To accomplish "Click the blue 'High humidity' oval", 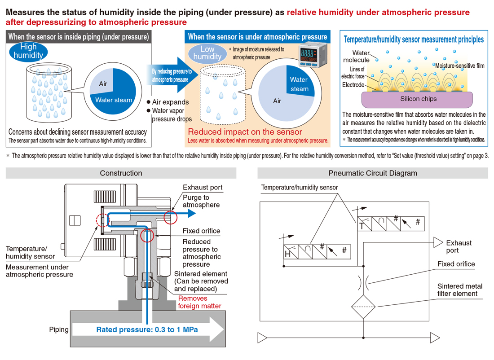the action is point(28,51).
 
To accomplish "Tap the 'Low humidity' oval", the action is point(207,53).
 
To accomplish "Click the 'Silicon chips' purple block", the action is point(417,99).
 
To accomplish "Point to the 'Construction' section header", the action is point(121,173).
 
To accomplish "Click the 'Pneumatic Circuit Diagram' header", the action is point(373,173).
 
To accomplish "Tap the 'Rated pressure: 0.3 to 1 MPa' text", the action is point(147,330).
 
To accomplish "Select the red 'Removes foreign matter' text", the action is point(199,302).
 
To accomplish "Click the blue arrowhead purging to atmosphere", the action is point(192,214).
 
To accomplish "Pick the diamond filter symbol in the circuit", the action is point(363,307).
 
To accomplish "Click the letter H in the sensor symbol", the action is point(287,254).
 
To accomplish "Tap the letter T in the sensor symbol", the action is point(362,226).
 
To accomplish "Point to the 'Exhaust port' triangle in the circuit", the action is point(438,242).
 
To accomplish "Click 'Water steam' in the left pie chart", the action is point(114,100).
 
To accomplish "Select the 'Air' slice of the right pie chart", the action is point(277,101).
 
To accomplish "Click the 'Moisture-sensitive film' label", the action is point(460,66).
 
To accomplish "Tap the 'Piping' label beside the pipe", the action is point(58,329).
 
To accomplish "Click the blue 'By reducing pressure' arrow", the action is point(172,75).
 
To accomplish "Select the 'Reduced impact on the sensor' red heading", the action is point(245,132).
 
